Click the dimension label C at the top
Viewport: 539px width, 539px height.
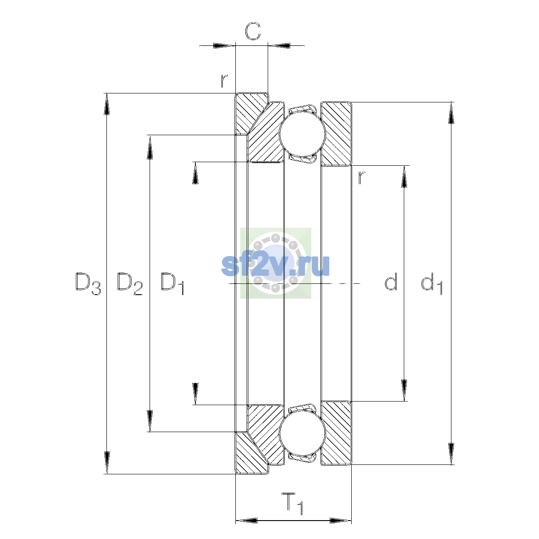(252, 31)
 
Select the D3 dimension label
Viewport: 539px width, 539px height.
(88, 283)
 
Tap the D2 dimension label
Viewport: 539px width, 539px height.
(130, 283)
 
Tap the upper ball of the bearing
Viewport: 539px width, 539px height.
(302, 134)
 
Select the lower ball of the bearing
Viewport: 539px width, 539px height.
(302, 433)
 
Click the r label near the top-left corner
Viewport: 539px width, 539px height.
(224, 81)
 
